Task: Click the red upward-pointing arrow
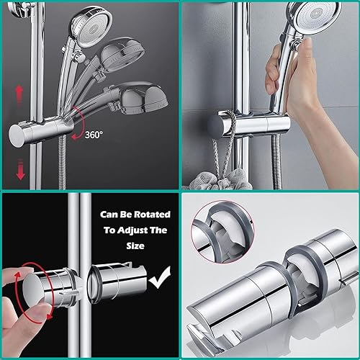tap(19, 94)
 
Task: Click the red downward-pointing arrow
tap(20, 170)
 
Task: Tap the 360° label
tap(94, 135)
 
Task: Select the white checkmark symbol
tap(160, 278)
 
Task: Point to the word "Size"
tap(135, 246)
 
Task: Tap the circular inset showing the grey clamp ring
tap(222, 232)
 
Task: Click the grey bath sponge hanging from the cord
tap(221, 179)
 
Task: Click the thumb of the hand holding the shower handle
tap(274, 70)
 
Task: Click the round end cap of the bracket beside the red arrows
tap(17, 136)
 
